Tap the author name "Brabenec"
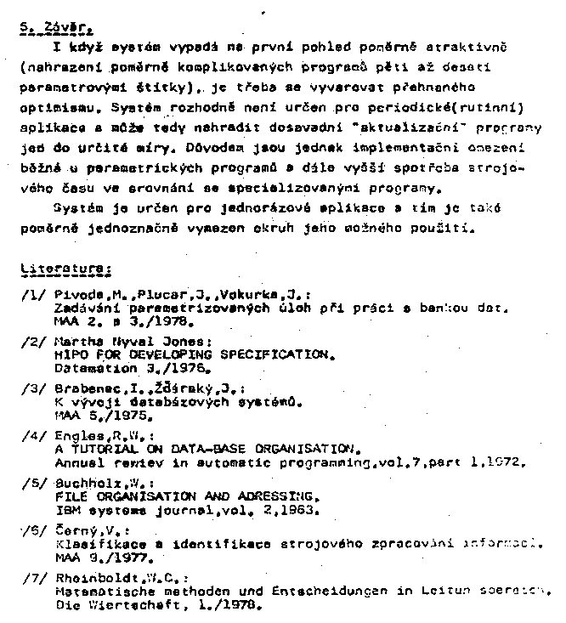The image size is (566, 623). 83,388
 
